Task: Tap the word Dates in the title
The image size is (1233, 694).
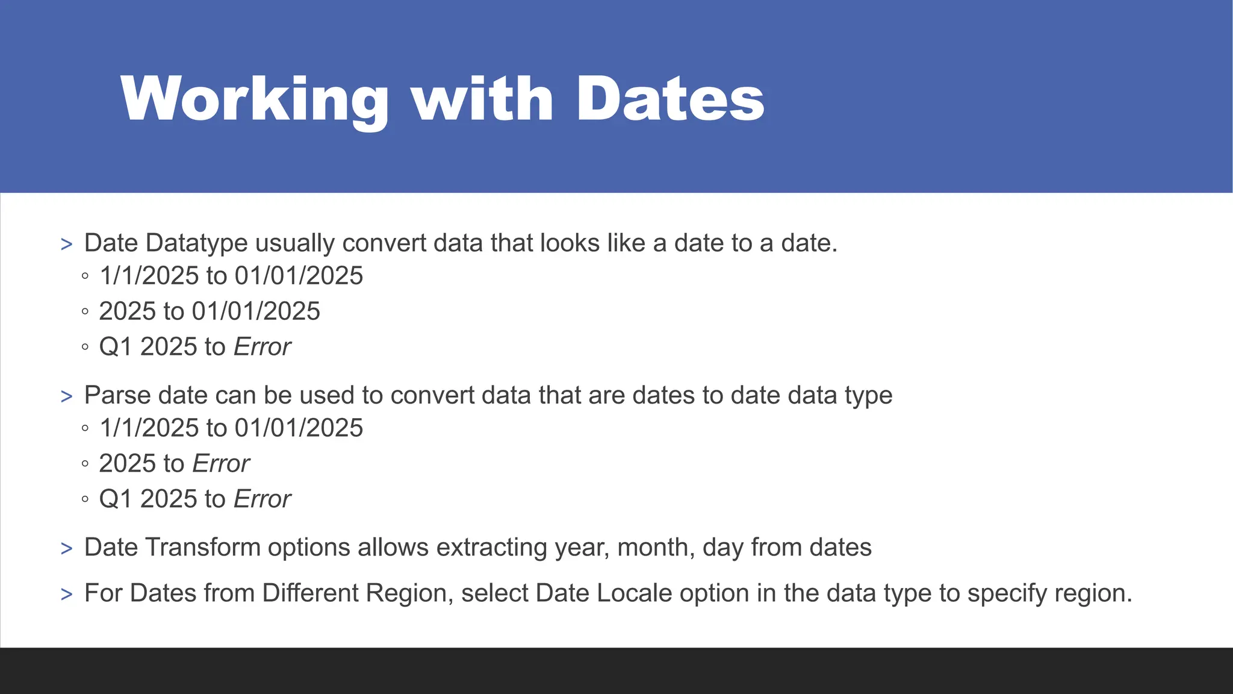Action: pos(670,99)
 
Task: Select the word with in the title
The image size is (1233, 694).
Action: pos(482,99)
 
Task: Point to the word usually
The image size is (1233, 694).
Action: pos(295,243)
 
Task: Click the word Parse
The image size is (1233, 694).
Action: pos(117,396)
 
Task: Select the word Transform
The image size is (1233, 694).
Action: pos(203,548)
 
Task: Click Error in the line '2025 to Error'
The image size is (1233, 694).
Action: pos(220,464)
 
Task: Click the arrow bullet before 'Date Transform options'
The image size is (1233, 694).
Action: pos(66,549)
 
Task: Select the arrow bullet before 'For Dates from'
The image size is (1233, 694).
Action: pos(66,595)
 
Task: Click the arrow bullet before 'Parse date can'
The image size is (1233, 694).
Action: pos(66,397)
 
